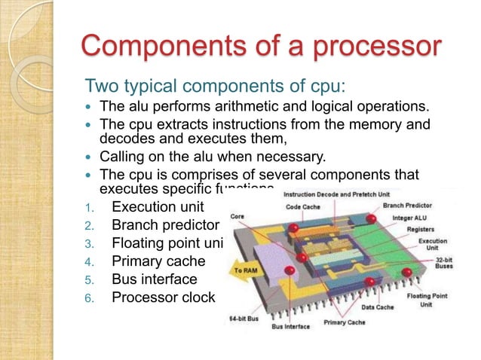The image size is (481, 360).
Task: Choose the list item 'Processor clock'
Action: coord(163,297)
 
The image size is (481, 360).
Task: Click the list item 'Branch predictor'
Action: coord(165,224)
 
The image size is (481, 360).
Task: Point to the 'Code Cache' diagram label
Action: coord(302,206)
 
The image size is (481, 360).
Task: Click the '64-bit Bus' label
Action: coord(243,319)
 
